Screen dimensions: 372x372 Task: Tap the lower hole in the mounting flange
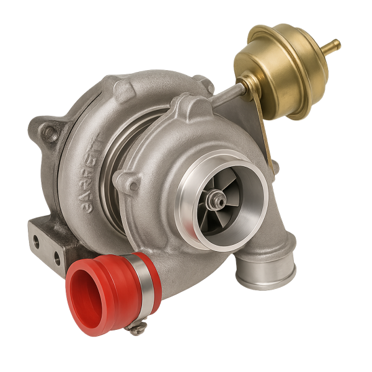coord(56,255)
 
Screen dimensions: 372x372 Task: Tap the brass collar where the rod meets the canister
coord(246,81)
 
